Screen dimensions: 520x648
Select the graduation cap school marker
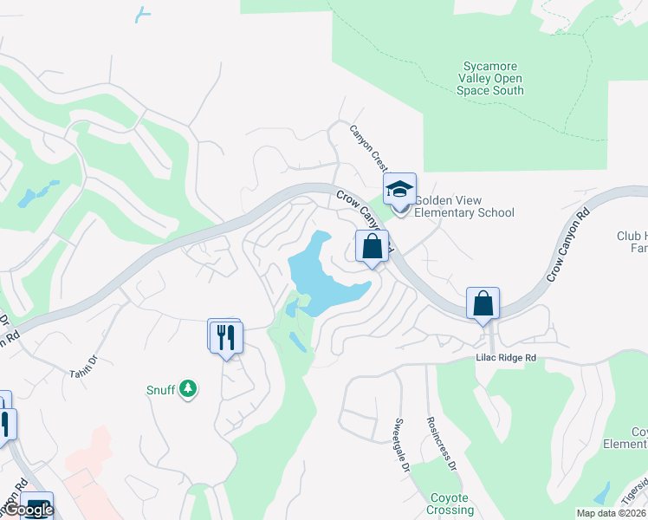click(400, 189)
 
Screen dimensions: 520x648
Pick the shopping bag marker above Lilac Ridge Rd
click(483, 304)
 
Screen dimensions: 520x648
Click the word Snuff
click(161, 390)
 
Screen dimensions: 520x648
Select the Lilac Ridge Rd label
click(506, 357)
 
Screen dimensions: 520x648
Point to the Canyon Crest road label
click(367, 148)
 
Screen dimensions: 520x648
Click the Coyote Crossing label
click(449, 504)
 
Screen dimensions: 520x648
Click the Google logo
click(28, 510)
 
